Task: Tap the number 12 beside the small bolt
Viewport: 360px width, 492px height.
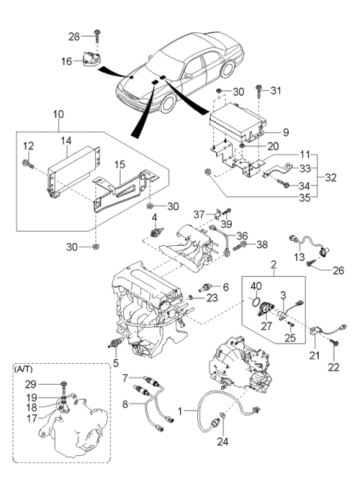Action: pyautogui.click(x=27, y=145)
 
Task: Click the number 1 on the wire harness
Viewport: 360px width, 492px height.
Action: pyautogui.click(x=178, y=412)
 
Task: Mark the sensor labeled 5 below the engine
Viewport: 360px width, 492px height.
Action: pyautogui.click(x=114, y=343)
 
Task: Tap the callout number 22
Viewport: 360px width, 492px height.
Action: pyautogui.click(x=334, y=367)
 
